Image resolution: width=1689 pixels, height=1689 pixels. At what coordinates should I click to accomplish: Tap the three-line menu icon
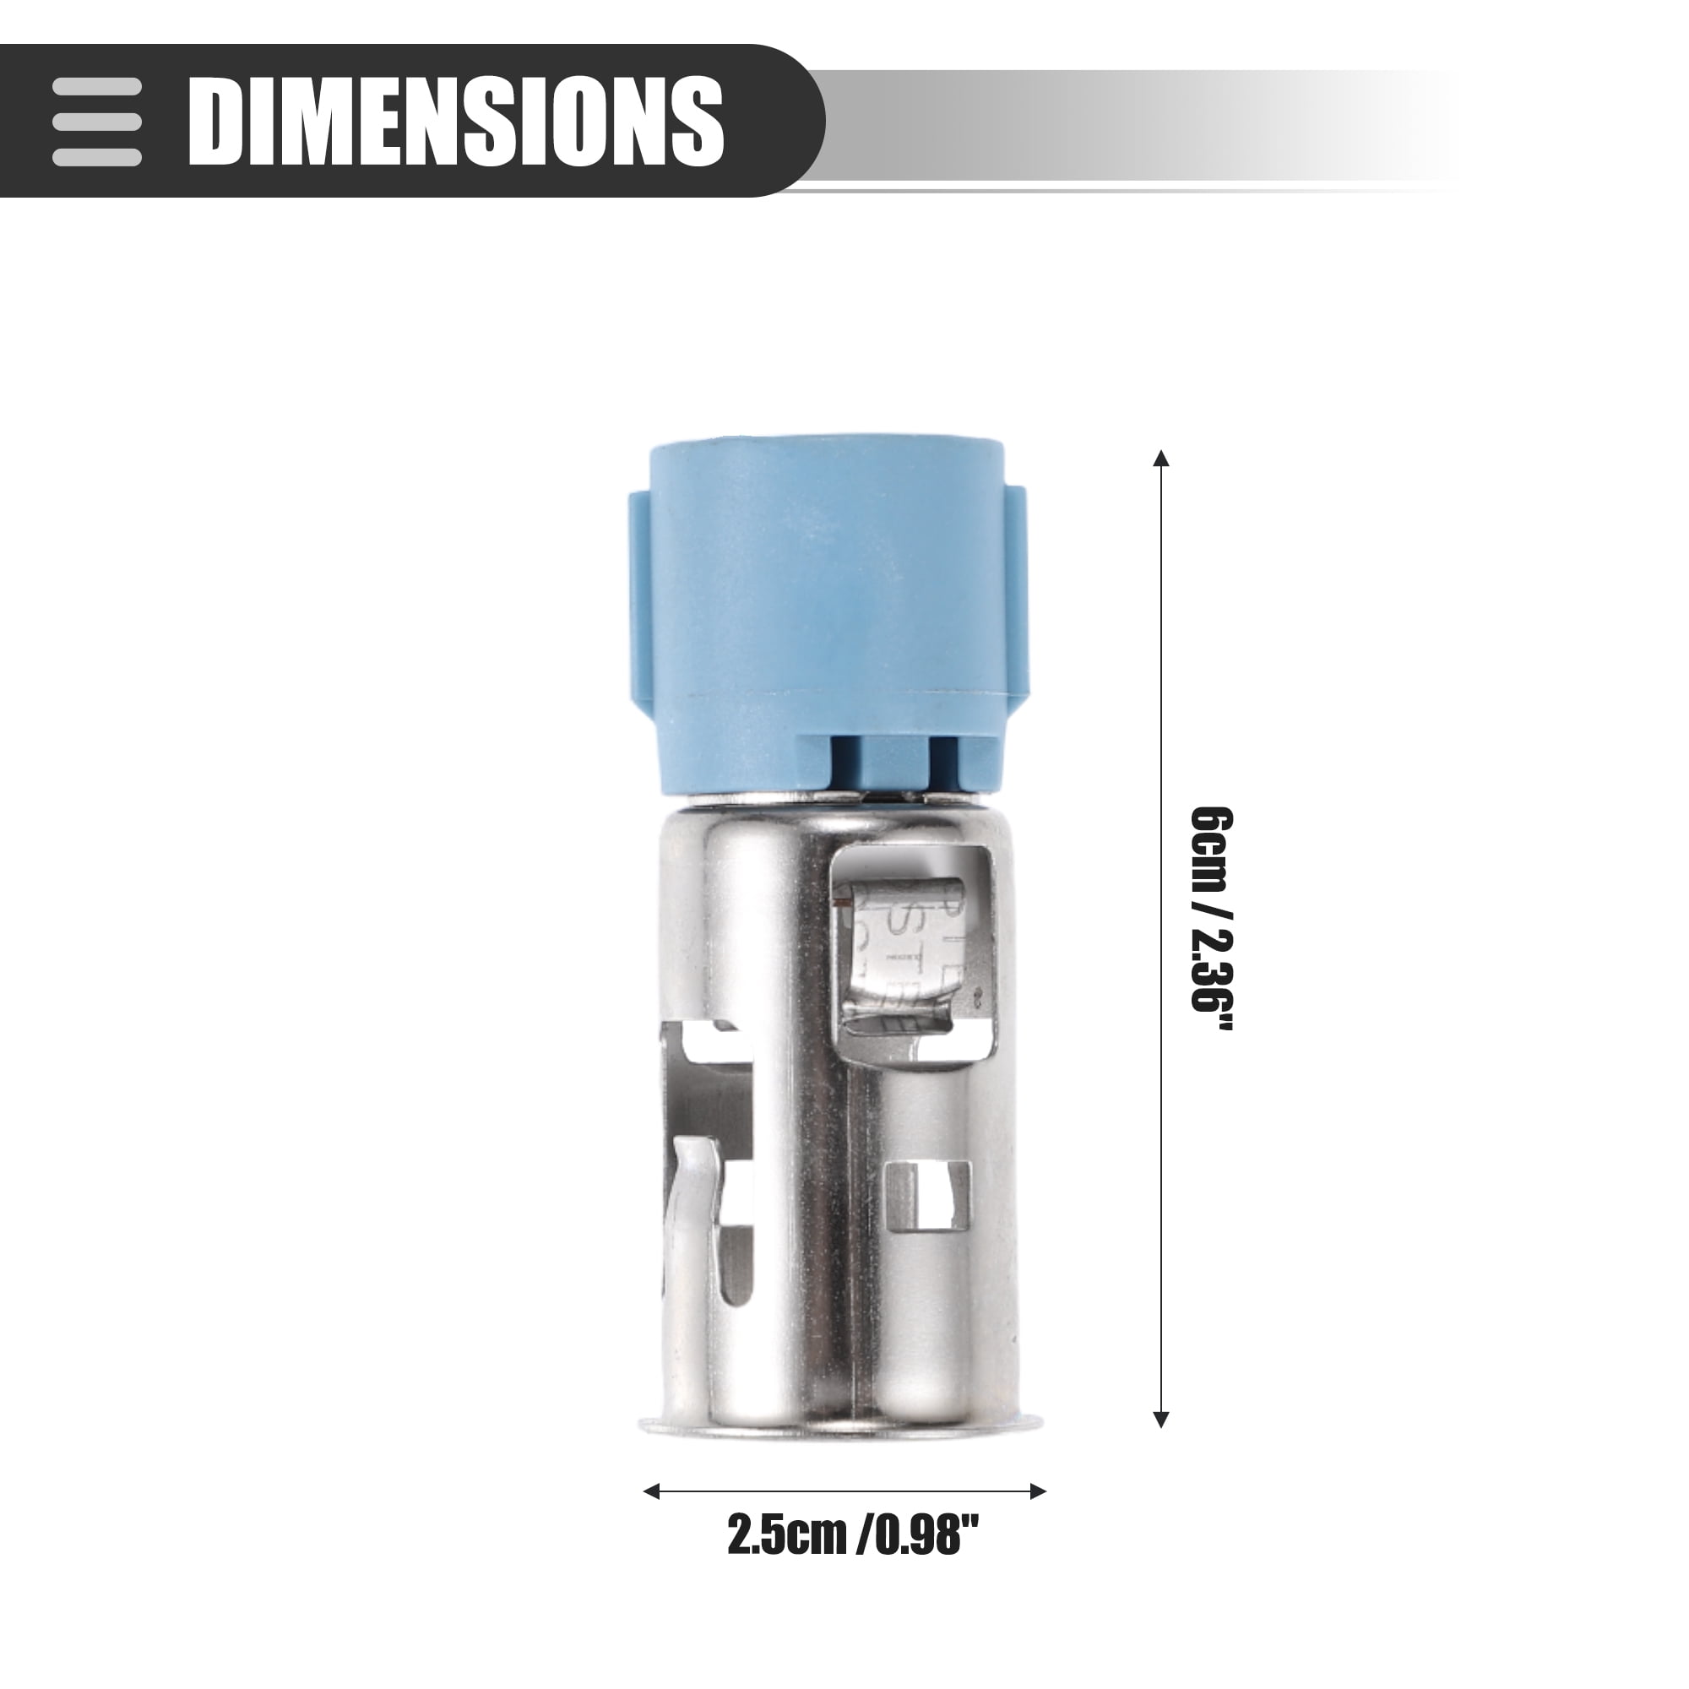tap(97, 121)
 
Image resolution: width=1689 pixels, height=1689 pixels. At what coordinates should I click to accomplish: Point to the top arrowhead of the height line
tap(1161, 457)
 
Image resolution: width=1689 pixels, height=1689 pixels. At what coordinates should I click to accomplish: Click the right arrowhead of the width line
tap(1038, 1491)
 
